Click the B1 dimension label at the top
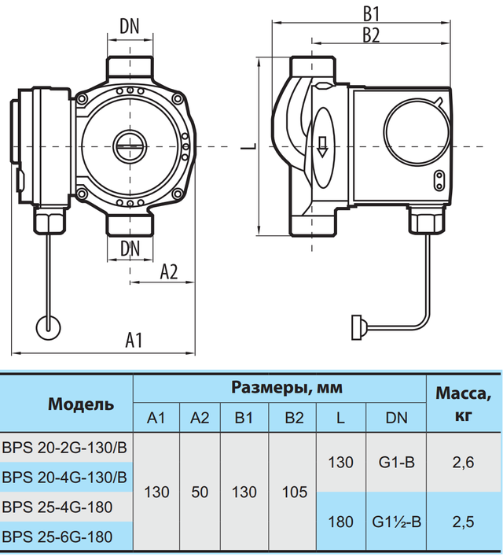click(371, 15)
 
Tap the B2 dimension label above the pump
click(371, 35)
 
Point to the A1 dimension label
click(134, 340)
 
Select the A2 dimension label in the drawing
click(169, 272)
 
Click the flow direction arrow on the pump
click(322, 146)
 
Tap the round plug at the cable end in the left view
click(48, 327)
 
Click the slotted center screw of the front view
click(130, 146)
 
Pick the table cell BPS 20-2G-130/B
click(64, 448)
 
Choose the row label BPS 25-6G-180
click(57, 537)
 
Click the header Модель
click(81, 404)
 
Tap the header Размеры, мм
click(287, 388)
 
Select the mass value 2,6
click(463, 462)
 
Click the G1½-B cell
click(397, 522)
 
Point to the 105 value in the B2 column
click(295, 492)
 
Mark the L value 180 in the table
click(341, 522)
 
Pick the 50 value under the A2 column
click(200, 492)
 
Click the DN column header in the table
click(397, 418)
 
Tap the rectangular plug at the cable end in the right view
click(356, 327)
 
